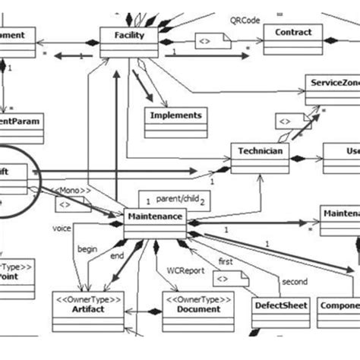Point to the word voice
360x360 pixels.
62,228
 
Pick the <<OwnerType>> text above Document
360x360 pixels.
193,298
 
